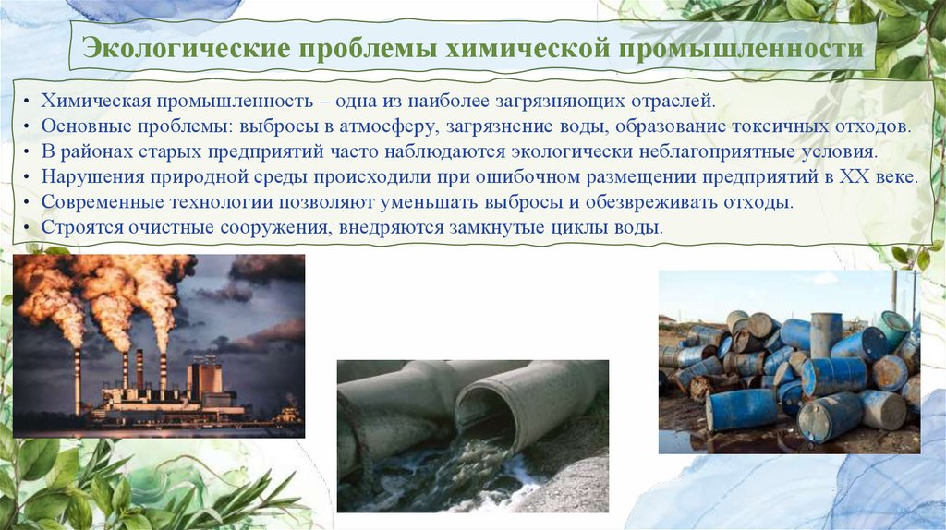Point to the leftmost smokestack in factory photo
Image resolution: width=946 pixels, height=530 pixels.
coord(78,379)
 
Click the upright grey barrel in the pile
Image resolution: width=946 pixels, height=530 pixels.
coord(826,333)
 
